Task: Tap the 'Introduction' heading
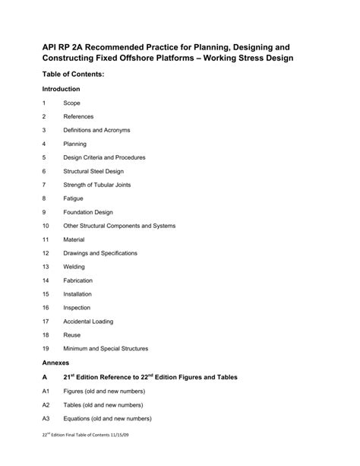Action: [66, 89]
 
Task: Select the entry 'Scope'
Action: [72, 103]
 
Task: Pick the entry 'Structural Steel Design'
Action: [98, 171]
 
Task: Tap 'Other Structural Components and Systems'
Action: [119, 226]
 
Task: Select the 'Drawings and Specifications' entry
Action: [100, 253]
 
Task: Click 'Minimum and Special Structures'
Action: [106, 349]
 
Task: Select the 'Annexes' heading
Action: [56, 363]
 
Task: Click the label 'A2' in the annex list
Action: [46, 405]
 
